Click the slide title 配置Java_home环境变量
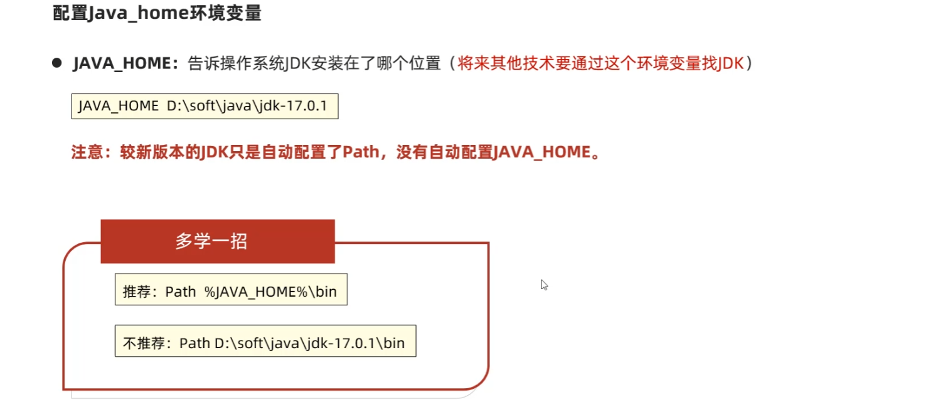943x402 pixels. [157, 14]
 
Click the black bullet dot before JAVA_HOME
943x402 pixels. [56, 63]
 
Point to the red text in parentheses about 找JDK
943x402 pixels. [600, 64]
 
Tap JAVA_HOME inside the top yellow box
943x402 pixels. [119, 106]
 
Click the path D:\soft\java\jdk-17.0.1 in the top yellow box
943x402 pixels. [247, 106]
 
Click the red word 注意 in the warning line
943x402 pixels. [85, 153]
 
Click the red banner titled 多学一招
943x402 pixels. [217, 241]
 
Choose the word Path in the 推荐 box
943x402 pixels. [181, 292]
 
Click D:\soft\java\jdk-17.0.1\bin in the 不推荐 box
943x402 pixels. [309, 344]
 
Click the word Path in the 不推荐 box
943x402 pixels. [194, 344]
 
